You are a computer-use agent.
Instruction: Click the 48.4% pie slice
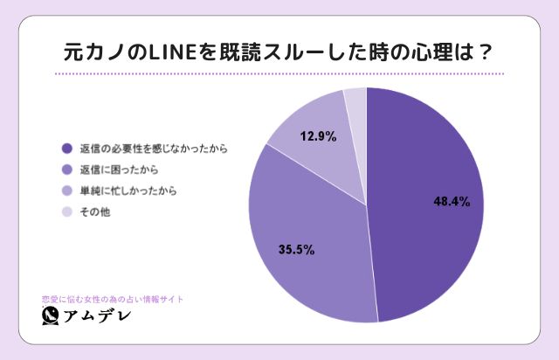(x=428, y=227)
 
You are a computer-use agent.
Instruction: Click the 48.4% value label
(x=452, y=202)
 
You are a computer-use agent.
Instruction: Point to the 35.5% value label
(x=296, y=249)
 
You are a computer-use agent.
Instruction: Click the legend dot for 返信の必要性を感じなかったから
(x=66, y=149)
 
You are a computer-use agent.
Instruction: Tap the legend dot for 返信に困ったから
(x=66, y=170)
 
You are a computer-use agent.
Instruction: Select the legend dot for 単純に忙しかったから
(x=66, y=190)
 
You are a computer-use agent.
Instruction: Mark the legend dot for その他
(x=66, y=211)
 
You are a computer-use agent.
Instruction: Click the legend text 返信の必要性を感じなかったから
(x=153, y=149)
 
